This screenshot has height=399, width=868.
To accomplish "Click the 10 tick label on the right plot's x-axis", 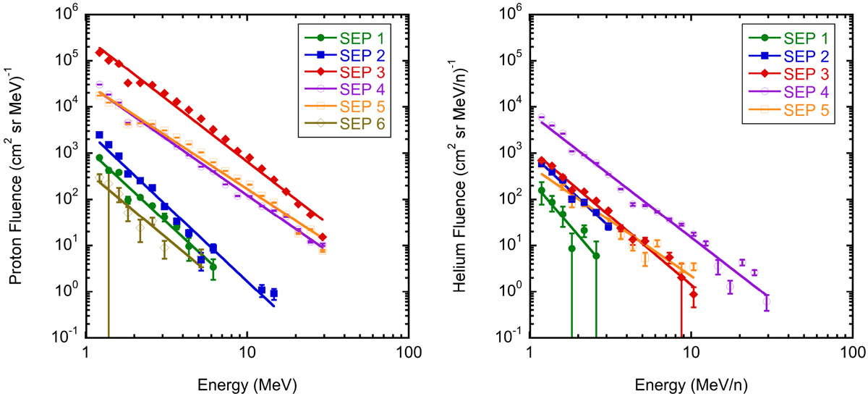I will (692, 353).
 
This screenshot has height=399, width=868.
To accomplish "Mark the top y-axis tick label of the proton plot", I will (67, 13).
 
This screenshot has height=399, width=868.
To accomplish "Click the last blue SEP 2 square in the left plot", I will (274, 294).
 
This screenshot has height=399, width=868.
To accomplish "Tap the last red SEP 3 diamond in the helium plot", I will (694, 295).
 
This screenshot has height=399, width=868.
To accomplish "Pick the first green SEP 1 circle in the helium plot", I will (541, 191).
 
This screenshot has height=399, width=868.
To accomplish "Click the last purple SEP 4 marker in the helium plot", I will (767, 301).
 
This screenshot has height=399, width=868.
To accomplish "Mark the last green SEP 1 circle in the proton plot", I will (213, 267).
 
